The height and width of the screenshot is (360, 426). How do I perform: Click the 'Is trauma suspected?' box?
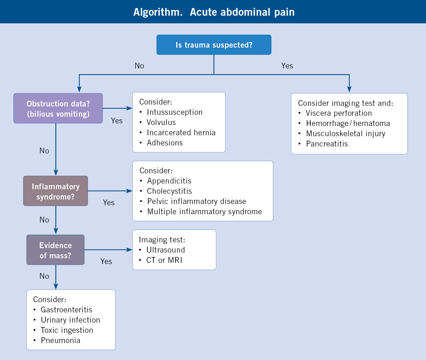point(214,45)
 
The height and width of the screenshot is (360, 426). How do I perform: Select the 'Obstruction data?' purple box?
point(58,108)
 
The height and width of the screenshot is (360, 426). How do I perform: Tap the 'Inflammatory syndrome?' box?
point(56,191)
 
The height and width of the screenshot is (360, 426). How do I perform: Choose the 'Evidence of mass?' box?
point(56,250)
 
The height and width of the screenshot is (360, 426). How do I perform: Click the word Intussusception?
point(174,112)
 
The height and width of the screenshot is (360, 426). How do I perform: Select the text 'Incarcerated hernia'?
point(181,133)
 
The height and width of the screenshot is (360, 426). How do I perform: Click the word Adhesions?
point(165,143)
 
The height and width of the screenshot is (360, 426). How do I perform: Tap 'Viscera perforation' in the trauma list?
point(339,113)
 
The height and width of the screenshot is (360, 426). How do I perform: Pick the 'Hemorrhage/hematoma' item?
point(348,123)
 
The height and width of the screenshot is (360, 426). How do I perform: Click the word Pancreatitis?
point(327,144)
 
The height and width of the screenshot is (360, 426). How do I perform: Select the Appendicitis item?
point(169,181)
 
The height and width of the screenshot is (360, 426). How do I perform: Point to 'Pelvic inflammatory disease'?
point(197,201)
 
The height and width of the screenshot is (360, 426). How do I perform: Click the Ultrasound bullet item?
point(166,250)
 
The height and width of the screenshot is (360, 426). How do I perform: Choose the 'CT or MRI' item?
point(164,260)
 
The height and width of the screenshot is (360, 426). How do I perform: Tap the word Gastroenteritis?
point(66,310)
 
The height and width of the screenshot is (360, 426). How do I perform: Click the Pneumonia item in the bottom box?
point(61,340)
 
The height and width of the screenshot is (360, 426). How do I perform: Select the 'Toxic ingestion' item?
point(67,330)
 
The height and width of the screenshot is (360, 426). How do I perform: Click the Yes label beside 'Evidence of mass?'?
point(106,262)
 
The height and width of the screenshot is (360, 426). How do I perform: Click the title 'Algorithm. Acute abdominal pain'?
point(214,12)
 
